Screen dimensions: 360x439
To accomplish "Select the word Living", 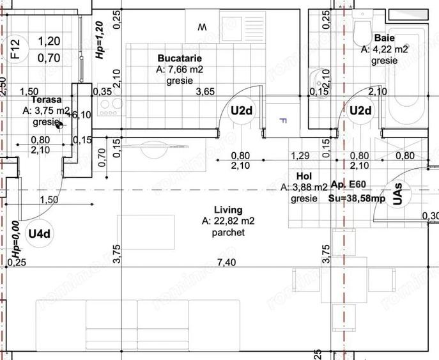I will (228, 209).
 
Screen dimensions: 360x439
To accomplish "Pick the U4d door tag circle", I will (39, 234).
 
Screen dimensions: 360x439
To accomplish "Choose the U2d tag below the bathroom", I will (360, 111).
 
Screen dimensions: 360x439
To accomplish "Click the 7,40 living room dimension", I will (226, 263).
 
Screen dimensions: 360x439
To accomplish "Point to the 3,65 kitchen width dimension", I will (205, 91).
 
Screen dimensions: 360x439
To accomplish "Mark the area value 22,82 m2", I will (228, 221).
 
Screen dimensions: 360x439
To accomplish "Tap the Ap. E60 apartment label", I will (348, 185).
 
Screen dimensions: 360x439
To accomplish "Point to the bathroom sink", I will (315, 79).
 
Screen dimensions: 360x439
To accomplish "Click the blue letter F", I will (279, 120).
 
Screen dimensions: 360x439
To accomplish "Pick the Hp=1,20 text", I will (99, 40).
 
